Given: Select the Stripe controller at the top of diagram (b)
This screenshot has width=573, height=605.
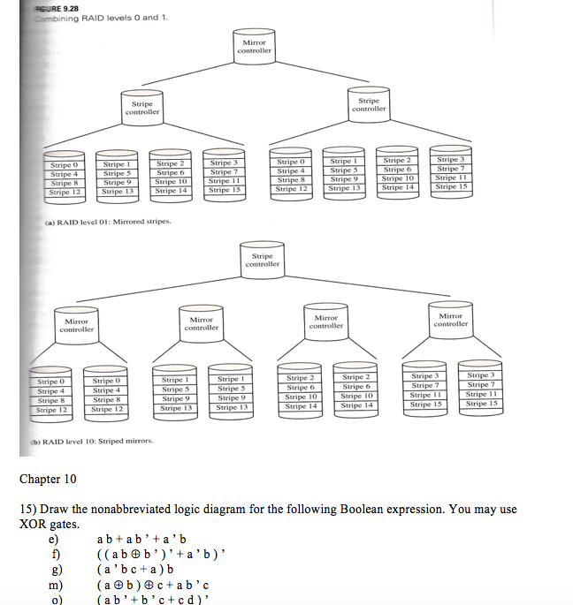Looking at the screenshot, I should coord(263,259).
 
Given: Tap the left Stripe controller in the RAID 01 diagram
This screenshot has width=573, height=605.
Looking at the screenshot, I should coord(142,108).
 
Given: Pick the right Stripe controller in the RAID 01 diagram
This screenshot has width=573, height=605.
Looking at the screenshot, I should coord(370,104).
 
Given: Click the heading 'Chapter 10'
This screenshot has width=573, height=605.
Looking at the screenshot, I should coord(48,480).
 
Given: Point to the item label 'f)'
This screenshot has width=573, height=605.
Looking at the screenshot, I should coord(54,554).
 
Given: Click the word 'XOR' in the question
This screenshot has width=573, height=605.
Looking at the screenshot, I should coord(36,524).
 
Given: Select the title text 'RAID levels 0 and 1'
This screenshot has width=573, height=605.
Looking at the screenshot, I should coord(120,18).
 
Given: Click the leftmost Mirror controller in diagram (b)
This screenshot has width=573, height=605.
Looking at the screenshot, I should coord(76,325).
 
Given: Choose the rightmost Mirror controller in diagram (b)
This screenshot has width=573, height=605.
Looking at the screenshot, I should coord(451,320).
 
